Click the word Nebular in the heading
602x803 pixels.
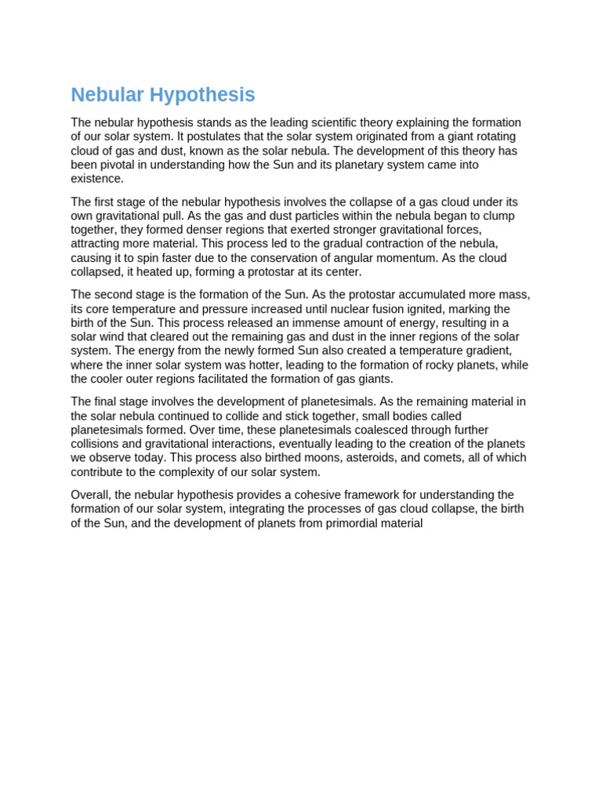coord(107,95)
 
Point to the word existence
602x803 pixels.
coord(97,179)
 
